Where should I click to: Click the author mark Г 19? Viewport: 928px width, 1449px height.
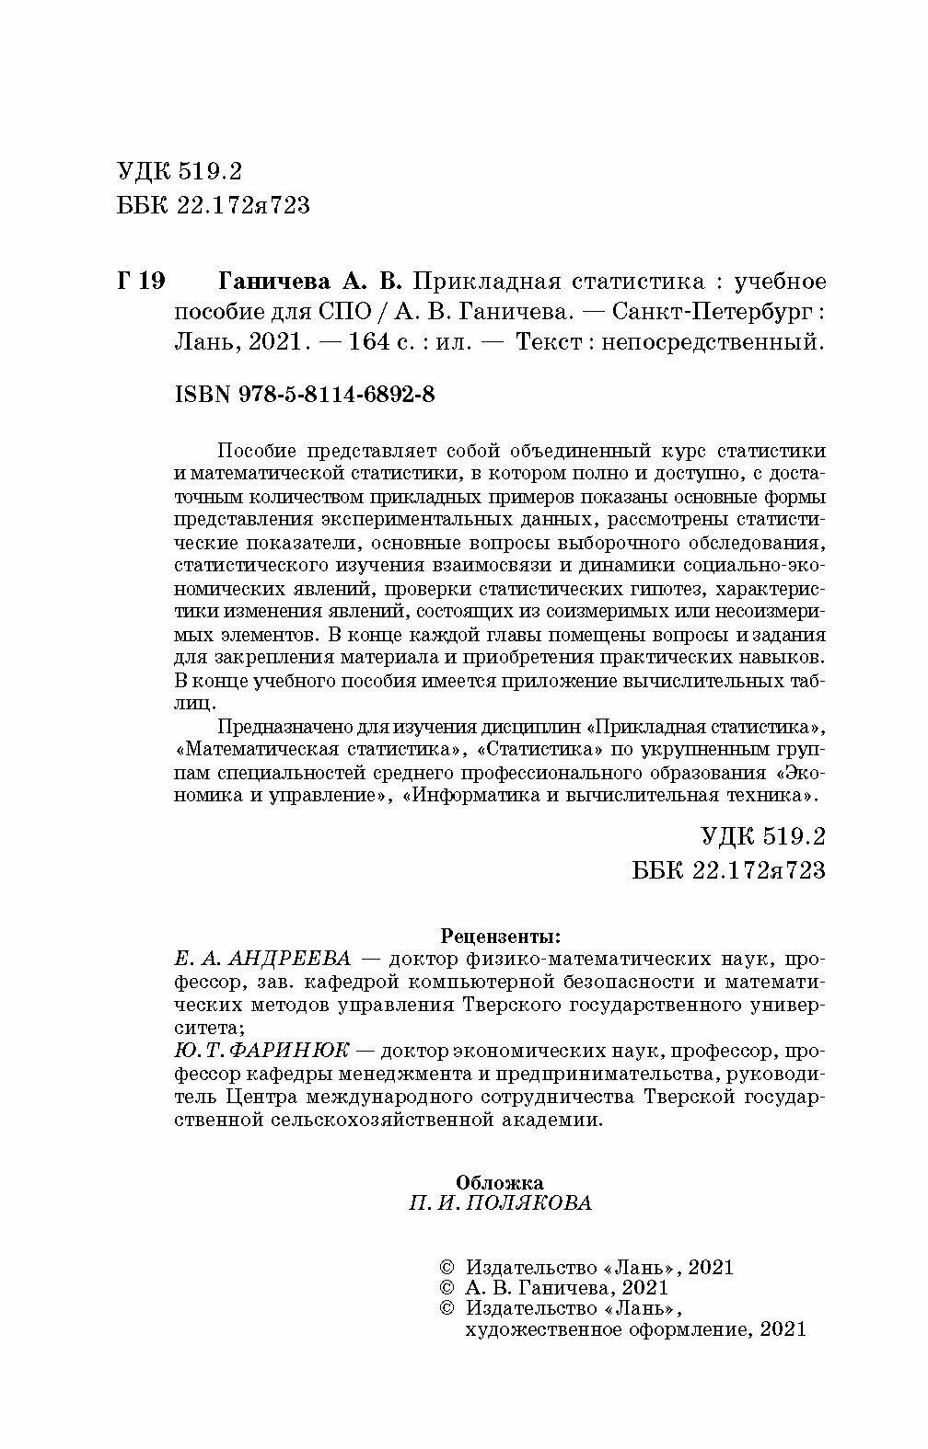point(141,281)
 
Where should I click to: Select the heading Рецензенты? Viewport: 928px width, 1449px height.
point(501,937)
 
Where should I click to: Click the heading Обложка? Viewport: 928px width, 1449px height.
point(500,1182)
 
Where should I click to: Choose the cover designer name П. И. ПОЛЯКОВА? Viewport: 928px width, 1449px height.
point(500,1203)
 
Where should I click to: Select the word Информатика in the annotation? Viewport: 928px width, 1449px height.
point(484,793)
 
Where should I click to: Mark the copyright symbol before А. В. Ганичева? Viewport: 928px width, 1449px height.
point(448,1289)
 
